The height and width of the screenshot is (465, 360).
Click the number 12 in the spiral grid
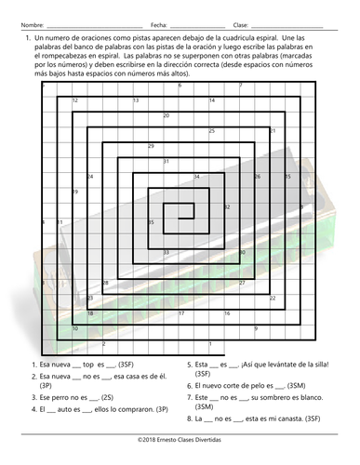tap(74, 100)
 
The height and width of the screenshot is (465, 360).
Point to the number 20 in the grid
tap(167, 115)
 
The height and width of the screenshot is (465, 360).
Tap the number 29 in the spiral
tap(151, 146)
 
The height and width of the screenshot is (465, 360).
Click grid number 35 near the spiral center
tap(151, 222)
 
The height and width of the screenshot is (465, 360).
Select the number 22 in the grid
tap(273, 298)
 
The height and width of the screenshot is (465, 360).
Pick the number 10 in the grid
tap(74, 328)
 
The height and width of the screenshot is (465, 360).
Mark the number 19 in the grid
tap(74, 192)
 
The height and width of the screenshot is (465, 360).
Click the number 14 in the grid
tap(212, 100)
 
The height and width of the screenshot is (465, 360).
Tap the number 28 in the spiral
tap(105, 283)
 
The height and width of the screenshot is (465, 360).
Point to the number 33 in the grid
tap(167, 252)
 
